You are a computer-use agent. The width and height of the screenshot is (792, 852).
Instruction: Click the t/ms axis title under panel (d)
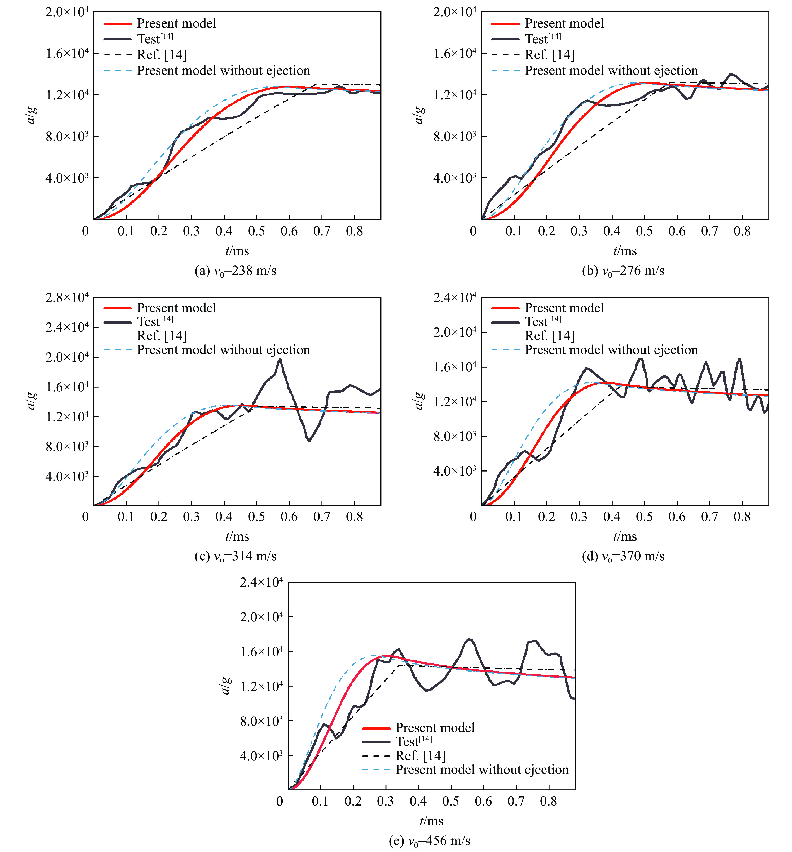(x=625, y=537)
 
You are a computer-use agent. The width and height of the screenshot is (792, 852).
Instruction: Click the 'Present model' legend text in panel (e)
(x=435, y=728)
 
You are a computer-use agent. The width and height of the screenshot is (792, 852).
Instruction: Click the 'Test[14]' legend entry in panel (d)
(x=543, y=321)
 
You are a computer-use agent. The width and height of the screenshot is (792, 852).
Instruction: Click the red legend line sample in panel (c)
(x=117, y=308)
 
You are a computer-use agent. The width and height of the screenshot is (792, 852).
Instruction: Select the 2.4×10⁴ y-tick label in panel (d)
(x=454, y=297)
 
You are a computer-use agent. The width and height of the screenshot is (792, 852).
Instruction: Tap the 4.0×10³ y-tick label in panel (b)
(x=454, y=178)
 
